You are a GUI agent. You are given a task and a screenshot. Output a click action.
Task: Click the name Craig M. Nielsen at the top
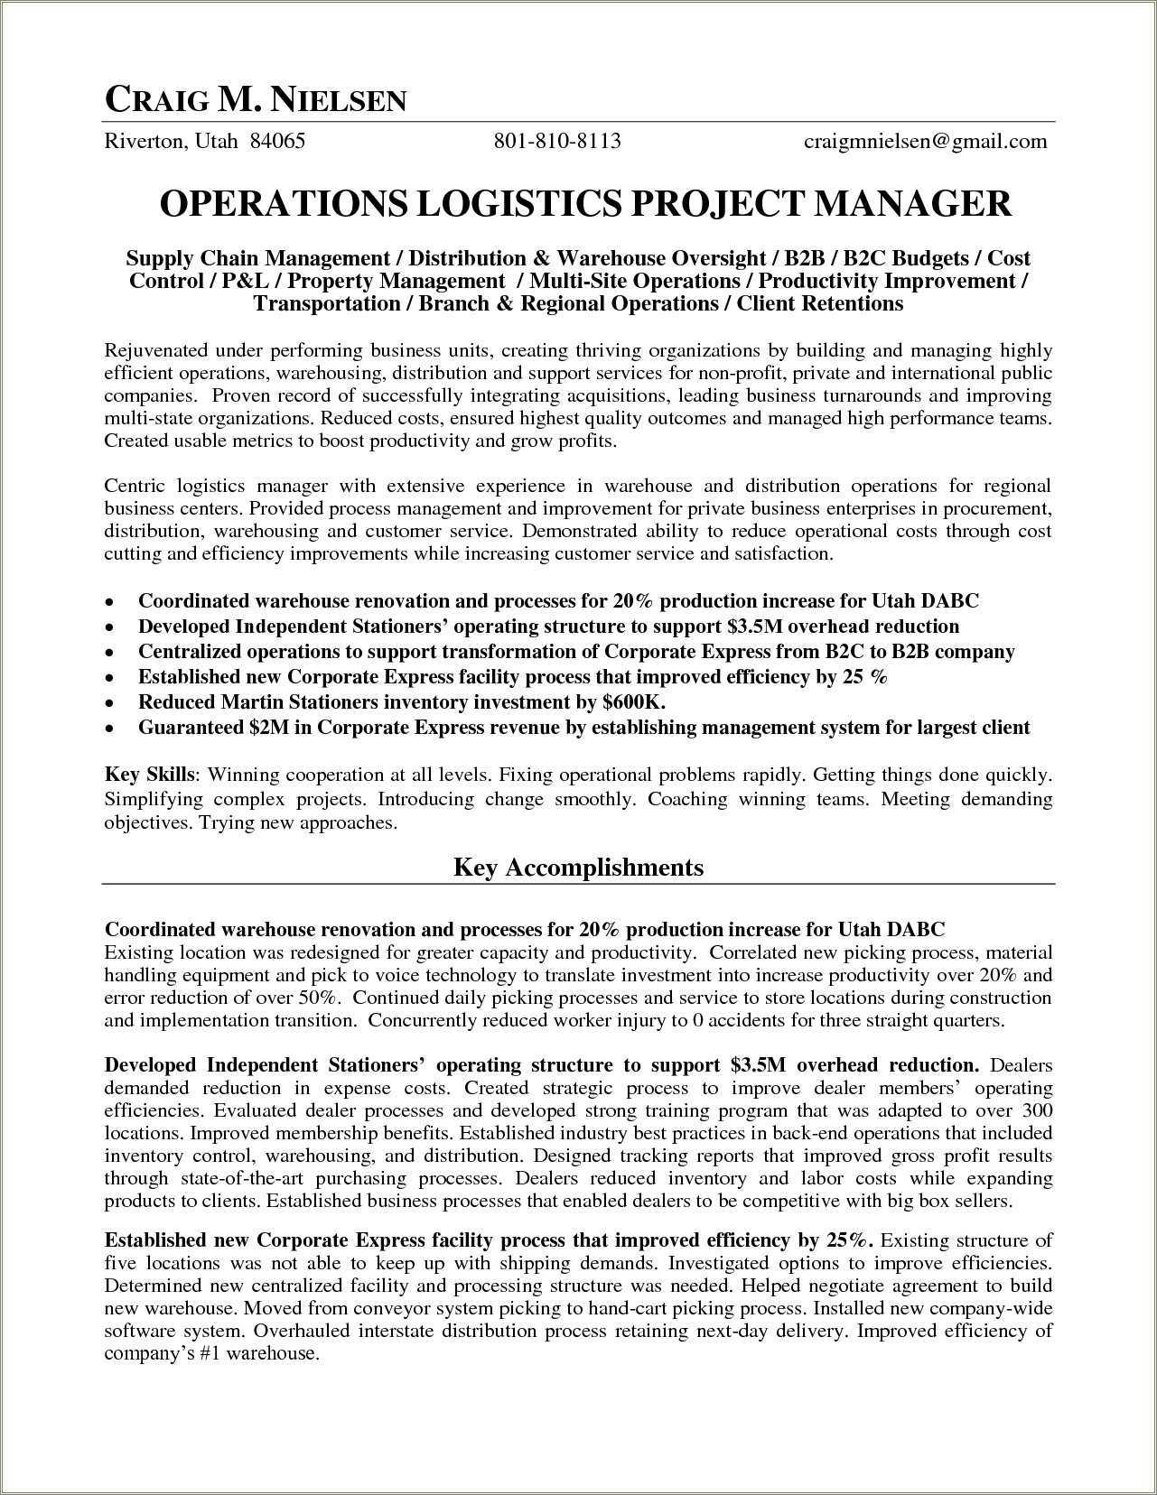tap(256, 99)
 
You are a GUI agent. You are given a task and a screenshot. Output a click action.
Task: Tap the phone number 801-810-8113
tap(556, 141)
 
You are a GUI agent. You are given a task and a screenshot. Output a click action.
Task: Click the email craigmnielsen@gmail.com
tap(925, 141)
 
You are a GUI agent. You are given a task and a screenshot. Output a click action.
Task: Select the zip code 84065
tap(277, 141)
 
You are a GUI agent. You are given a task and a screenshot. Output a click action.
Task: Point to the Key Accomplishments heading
tap(578, 868)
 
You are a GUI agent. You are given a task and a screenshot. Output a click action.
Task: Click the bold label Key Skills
tap(149, 775)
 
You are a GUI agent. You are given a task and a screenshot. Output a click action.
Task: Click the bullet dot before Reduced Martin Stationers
tap(109, 703)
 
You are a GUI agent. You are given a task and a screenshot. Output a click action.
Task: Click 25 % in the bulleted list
tap(865, 676)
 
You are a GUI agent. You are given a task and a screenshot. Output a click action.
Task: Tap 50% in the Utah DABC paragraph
tap(317, 998)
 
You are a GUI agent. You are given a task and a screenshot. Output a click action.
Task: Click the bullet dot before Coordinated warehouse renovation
tap(109, 602)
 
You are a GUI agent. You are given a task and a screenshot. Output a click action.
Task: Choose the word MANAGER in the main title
tap(912, 203)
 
